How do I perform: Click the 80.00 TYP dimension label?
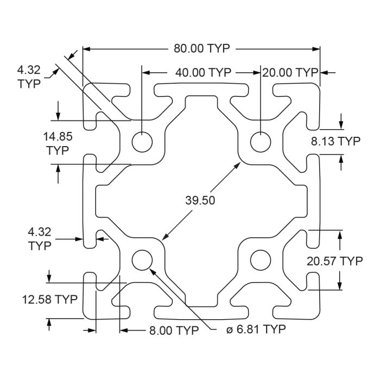[201, 48]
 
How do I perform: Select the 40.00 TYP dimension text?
[203, 72]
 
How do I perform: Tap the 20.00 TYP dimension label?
[290, 72]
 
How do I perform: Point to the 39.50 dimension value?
[200, 200]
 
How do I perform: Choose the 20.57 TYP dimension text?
[334, 261]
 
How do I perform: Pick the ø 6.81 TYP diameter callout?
[255, 330]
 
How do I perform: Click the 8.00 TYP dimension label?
[174, 330]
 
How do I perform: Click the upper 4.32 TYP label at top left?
[29, 77]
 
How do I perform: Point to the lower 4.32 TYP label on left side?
[40, 239]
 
